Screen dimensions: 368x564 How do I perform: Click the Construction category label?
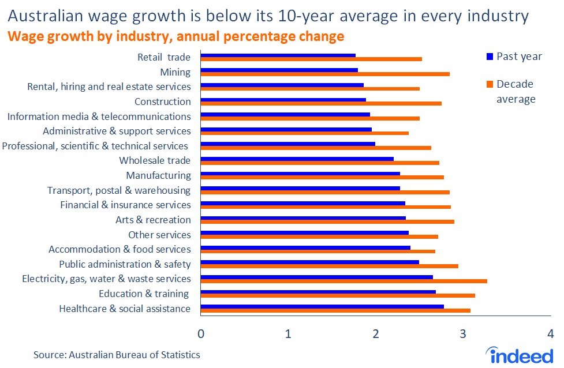[x=162, y=102]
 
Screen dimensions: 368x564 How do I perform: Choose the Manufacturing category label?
[x=158, y=175]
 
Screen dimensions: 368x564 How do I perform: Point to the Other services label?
[x=159, y=235]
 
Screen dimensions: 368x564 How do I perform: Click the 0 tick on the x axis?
[x=201, y=335]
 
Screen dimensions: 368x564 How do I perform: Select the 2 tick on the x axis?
[x=376, y=335]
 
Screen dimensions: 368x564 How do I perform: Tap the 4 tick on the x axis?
[x=550, y=335]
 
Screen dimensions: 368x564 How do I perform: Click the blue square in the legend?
[x=490, y=57]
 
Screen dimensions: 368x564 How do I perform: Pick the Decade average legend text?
[x=516, y=92]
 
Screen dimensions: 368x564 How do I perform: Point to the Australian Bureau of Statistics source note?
[x=117, y=355]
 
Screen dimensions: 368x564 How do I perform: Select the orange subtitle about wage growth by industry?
[x=175, y=36]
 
